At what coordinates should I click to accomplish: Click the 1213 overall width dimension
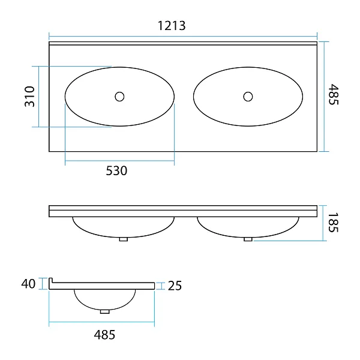pyautogui.click(x=172, y=25)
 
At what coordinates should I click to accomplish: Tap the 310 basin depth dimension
pyautogui.click(x=29, y=97)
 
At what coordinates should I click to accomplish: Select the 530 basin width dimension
pyautogui.click(x=116, y=170)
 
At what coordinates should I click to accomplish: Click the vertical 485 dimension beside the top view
pyautogui.click(x=334, y=94)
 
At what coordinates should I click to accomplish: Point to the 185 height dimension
pyautogui.click(x=333, y=223)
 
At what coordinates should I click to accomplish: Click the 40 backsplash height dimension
pyautogui.click(x=28, y=284)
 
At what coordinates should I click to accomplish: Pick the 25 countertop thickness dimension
pyautogui.click(x=175, y=286)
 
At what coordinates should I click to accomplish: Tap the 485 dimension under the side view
pyautogui.click(x=104, y=335)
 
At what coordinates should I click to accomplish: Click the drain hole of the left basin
pyautogui.click(x=119, y=97)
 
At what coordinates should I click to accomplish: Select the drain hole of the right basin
pyautogui.click(x=248, y=97)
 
